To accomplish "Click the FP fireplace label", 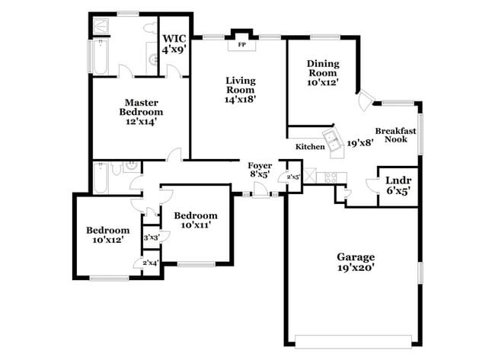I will (242, 45).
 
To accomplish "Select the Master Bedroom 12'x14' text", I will (141, 110).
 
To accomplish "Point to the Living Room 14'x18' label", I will (240, 89).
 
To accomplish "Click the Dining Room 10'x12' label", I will (323, 72).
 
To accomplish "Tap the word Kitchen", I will (310, 146).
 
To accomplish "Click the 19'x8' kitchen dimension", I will (360, 142).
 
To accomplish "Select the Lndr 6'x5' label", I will (398, 186).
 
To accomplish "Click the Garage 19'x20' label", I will (355, 261).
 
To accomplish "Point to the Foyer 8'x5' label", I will (260, 169).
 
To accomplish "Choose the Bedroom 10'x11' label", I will (194, 220).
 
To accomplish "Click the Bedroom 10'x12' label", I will (107, 235).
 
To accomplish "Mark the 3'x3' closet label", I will (151, 238).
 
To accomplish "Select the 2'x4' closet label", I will (151, 263).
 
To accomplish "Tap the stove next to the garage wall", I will (331, 177).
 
